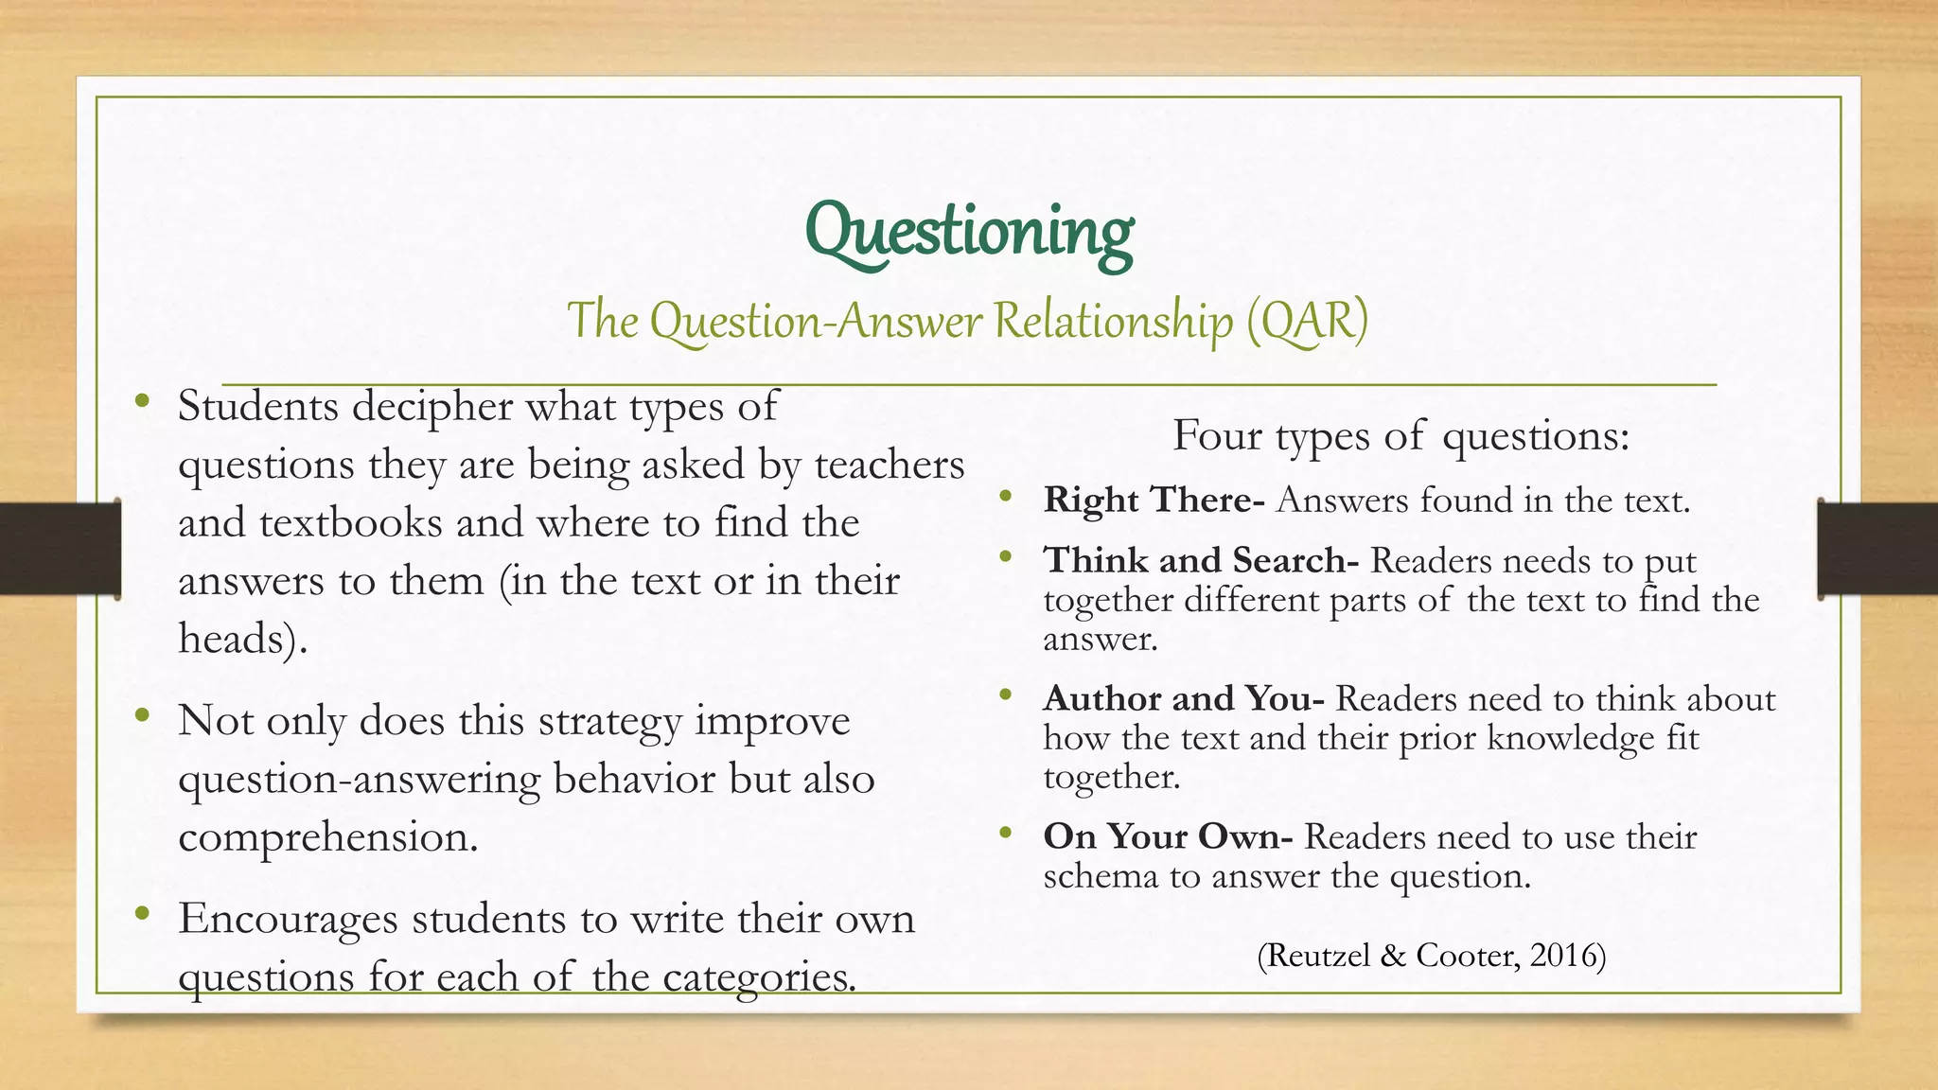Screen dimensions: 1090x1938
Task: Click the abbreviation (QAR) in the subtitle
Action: coord(1307,320)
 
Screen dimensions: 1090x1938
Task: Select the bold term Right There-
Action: coord(1154,501)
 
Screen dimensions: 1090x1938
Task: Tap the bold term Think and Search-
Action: coord(1201,561)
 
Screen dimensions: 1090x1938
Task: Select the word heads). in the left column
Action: coord(243,640)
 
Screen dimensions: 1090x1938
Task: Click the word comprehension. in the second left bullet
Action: coord(328,838)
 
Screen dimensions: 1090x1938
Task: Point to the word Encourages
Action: coord(288,920)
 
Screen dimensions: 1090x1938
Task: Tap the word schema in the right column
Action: coord(1101,877)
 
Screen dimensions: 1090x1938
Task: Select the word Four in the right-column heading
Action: coord(1216,436)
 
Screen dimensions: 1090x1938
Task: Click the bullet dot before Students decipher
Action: coord(142,400)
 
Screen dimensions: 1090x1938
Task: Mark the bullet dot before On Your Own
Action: coord(1005,833)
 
